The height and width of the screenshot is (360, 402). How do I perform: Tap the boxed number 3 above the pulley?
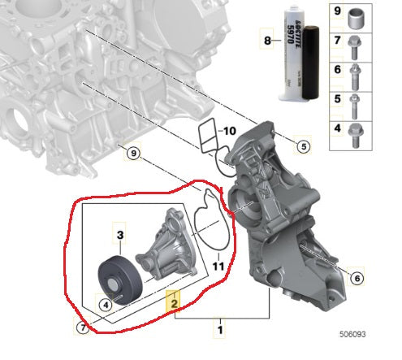[x=119, y=236]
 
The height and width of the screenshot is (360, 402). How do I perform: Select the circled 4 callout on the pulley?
[x=105, y=306]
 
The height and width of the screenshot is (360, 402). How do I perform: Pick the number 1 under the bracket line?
[x=218, y=330]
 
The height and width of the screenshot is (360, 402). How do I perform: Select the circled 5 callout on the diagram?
[x=303, y=147]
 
